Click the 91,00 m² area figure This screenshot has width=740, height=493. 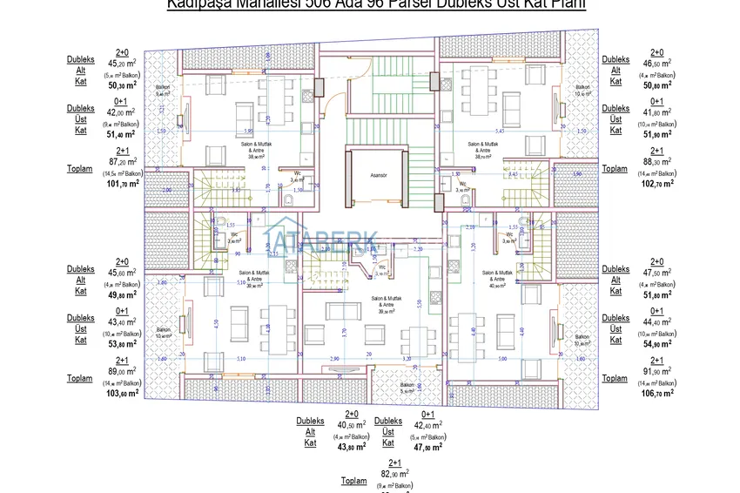click(656, 371)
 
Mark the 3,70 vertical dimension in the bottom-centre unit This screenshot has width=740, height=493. click(346, 331)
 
